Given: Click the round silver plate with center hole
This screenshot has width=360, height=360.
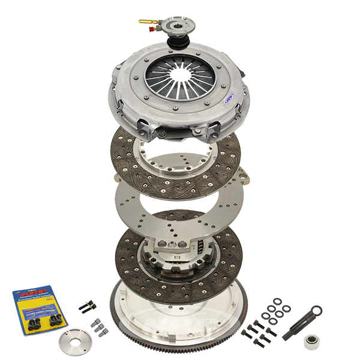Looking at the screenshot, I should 73,342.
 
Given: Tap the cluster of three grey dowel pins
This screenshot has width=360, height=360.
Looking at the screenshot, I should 97,326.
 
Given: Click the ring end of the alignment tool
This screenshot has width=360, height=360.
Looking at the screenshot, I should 315,311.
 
